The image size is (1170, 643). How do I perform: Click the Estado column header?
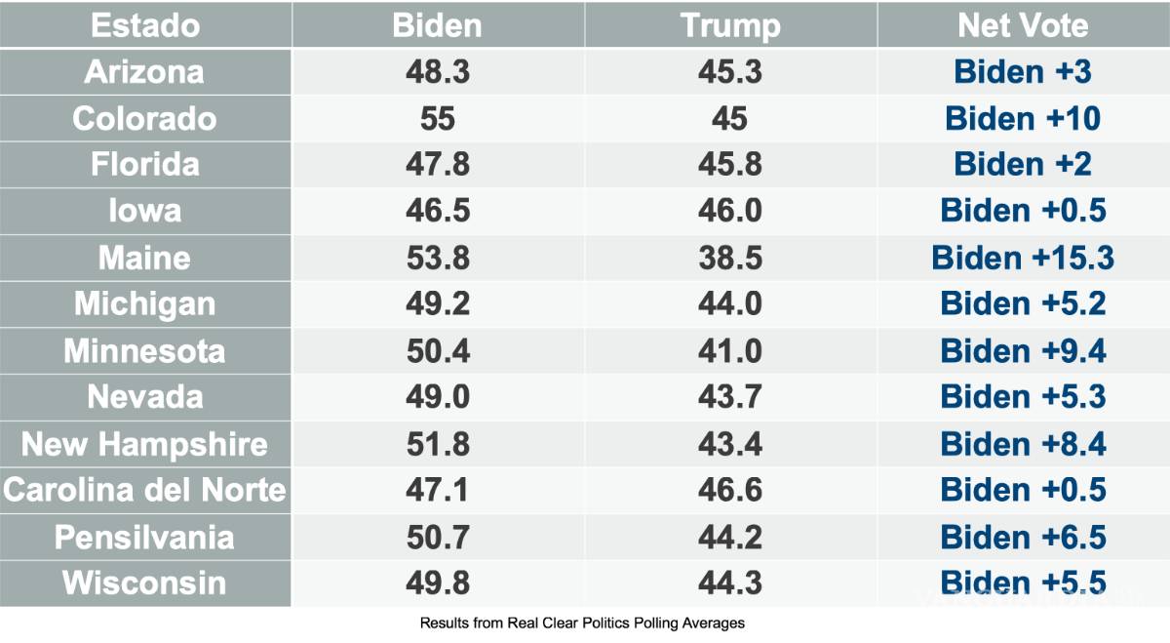point(144,25)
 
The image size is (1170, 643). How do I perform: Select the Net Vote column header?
point(1023,25)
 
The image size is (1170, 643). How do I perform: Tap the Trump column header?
point(729,25)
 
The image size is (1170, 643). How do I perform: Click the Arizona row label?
point(144,72)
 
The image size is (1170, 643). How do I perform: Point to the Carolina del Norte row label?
point(144,490)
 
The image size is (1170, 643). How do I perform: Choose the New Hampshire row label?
point(144,444)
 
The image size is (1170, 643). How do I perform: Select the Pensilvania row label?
point(144,537)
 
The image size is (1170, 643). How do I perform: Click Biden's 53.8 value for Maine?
point(437,258)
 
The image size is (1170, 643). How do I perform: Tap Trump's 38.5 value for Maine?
point(729,258)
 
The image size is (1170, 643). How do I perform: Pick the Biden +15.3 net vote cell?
point(1023,258)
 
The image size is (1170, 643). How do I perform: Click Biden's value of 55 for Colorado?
point(437,119)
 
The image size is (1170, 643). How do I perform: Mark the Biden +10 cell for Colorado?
point(1023,119)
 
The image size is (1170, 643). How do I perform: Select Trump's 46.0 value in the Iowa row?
point(729,212)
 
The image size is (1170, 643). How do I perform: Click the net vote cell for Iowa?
point(1023,212)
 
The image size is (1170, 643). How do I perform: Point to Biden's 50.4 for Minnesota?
point(437,351)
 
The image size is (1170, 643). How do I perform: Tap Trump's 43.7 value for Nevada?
point(729,397)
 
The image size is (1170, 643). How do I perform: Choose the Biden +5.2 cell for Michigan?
point(1023,304)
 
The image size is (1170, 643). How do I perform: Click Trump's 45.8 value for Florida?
point(729,165)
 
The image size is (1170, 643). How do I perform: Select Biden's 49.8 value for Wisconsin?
point(437,583)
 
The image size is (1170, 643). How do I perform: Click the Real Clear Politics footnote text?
point(582,623)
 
